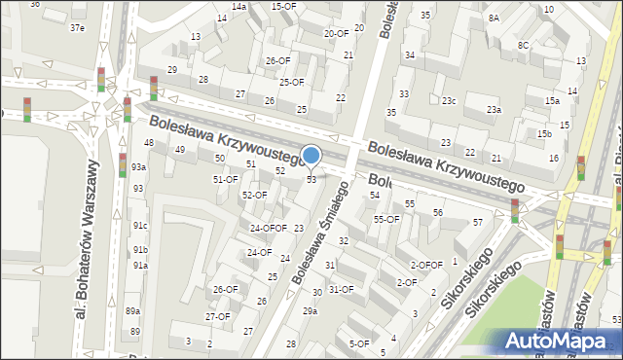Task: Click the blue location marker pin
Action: (311, 156)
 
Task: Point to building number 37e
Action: (77, 27)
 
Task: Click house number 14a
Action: (238, 6)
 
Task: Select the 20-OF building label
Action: (335, 33)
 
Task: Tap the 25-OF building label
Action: (291, 83)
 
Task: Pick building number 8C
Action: (523, 46)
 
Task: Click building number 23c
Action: (449, 101)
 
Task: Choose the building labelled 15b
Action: (543, 133)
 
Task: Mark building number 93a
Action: (139, 167)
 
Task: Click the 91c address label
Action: (141, 226)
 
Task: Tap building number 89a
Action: (132, 310)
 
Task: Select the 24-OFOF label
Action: (268, 229)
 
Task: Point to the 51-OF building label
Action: (225, 179)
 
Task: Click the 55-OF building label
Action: (386, 220)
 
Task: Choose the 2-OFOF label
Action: (425, 265)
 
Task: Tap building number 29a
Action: (310, 310)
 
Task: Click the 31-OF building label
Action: (341, 289)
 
